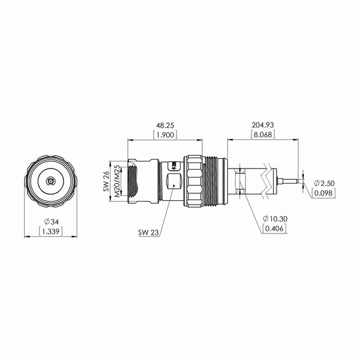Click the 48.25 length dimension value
click(165, 125)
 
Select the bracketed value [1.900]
click(165, 135)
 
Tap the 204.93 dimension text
click(263, 125)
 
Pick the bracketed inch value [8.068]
click(263, 134)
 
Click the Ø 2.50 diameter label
click(324, 183)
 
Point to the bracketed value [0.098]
click(323, 193)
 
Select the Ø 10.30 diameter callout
click(275, 219)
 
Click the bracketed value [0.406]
click(275, 229)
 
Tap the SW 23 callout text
click(148, 233)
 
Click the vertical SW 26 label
click(106, 181)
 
